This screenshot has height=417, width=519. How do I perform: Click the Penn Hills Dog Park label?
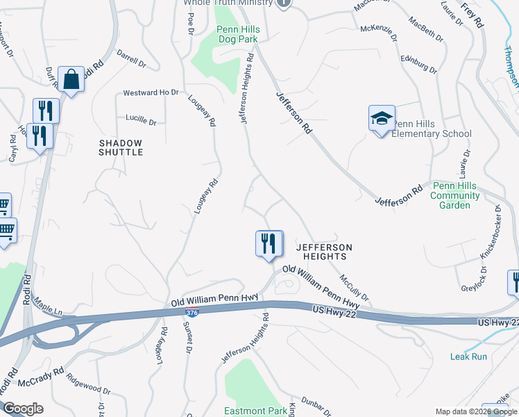[237, 35]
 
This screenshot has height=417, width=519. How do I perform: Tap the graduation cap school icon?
[381, 119]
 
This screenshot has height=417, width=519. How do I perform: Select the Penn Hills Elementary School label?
[431, 129]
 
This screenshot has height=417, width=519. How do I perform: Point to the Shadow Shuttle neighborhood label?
[120, 147]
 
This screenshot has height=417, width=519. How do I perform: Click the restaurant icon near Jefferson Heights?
[269, 243]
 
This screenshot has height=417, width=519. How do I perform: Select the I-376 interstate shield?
[192, 313]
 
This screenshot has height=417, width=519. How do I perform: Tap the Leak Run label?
[468, 357]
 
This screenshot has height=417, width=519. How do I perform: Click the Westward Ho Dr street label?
[151, 92]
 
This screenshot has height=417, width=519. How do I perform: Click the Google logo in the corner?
[23, 409]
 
